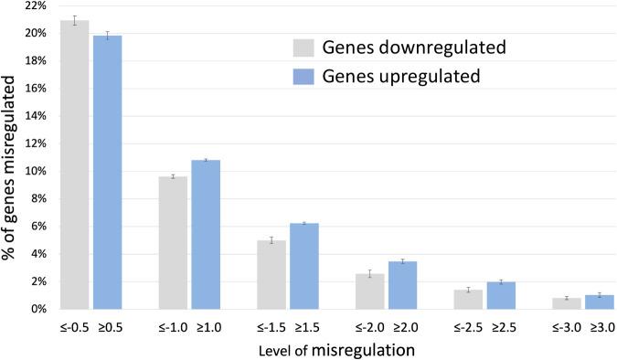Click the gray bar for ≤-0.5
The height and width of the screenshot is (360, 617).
[x=75, y=164]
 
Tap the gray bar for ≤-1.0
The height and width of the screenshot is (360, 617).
[x=173, y=242]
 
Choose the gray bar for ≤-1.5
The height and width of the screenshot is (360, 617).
[x=271, y=274]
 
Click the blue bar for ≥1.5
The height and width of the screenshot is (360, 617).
[x=303, y=266]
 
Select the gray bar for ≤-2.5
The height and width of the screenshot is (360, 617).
[x=468, y=299]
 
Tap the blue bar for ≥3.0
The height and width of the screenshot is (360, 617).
[x=599, y=302]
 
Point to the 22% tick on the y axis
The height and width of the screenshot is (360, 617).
[x=36, y=6]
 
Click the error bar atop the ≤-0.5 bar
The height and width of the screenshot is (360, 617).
[x=75, y=20]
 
